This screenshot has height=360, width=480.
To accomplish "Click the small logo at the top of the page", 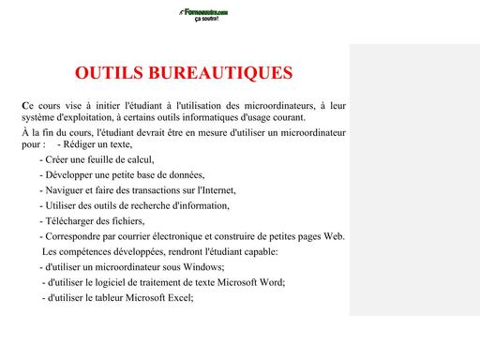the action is pyautogui.click(x=198, y=14).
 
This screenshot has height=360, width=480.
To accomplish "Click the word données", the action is pyautogui.click(x=184, y=175).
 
